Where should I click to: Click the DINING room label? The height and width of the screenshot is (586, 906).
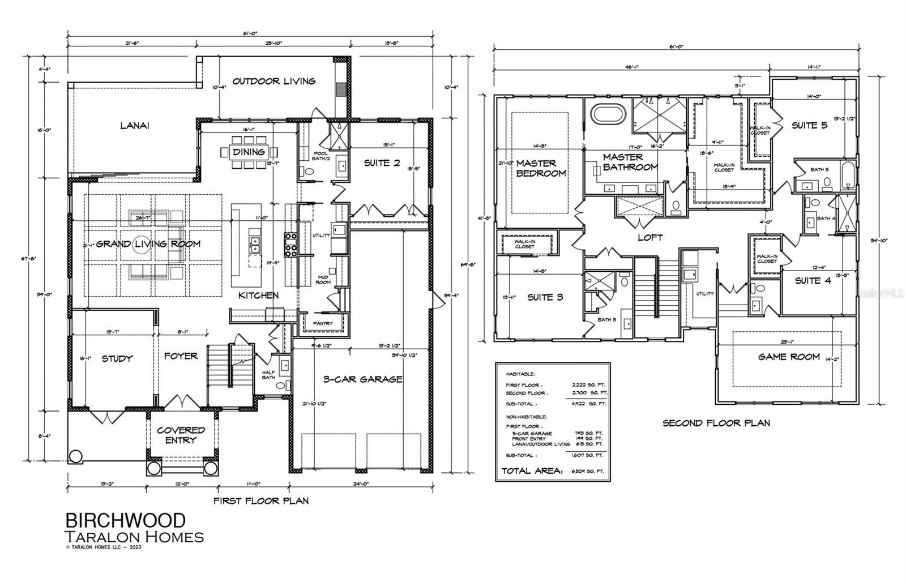(x=249, y=152)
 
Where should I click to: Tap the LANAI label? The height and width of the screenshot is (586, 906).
(x=134, y=126)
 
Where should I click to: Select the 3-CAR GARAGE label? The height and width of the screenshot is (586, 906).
(x=362, y=379)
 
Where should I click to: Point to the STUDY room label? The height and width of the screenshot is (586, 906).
(x=117, y=358)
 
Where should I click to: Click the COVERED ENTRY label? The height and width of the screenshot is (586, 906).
(x=181, y=435)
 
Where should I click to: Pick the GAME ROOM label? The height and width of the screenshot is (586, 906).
(x=789, y=357)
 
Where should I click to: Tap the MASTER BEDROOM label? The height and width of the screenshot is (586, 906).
(x=541, y=168)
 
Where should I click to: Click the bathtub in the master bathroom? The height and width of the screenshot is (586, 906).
(x=609, y=114)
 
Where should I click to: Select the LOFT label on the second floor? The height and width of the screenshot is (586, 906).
(x=649, y=238)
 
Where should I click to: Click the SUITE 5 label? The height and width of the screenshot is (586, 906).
(x=809, y=125)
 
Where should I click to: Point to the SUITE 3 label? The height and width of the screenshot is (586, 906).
(x=545, y=297)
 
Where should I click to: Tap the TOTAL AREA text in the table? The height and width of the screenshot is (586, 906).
(x=532, y=470)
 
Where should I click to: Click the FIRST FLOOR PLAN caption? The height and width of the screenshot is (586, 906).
(x=260, y=501)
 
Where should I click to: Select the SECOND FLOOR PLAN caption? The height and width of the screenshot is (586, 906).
(x=716, y=423)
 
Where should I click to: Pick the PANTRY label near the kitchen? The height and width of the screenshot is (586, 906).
(x=320, y=324)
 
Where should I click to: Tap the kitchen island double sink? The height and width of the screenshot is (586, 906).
(x=255, y=245)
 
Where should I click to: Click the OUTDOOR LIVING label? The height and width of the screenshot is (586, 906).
(x=273, y=81)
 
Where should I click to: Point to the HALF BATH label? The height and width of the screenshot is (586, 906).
(x=268, y=375)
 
